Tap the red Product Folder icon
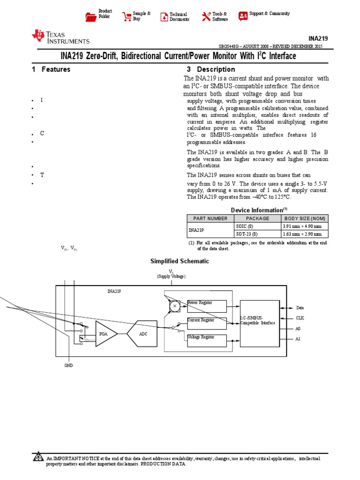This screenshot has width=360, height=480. click(x=90, y=17)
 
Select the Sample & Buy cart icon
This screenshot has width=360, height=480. click(x=127, y=17)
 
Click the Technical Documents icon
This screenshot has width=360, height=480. click(x=164, y=17)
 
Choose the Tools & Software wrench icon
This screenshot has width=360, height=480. click(x=206, y=17)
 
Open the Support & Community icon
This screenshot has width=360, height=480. click(x=243, y=16)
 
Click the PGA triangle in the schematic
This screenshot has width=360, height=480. click(x=105, y=334)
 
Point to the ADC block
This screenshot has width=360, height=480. click(x=143, y=334)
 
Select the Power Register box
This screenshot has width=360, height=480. click(x=207, y=306)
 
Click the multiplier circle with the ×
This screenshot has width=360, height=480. click(x=174, y=306)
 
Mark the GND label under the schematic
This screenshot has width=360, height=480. click(x=69, y=365)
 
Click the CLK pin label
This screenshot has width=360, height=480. click(x=300, y=318)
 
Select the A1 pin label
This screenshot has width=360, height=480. click(x=298, y=338)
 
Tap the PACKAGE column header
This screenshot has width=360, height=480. click(x=257, y=218)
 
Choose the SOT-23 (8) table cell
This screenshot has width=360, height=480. click(x=247, y=233)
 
